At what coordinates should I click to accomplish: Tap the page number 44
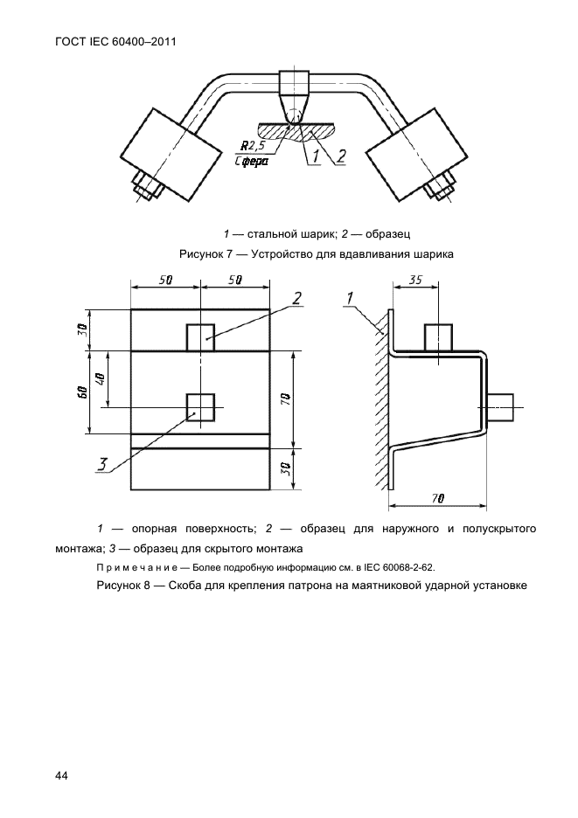(61, 776)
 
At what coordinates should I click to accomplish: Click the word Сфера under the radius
(254, 161)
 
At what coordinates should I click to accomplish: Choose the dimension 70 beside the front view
(286, 399)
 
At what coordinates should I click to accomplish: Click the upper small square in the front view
(199, 336)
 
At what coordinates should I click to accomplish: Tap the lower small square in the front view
(200, 407)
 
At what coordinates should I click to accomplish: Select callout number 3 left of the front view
(103, 464)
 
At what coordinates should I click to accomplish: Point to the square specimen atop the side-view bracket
(437, 338)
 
